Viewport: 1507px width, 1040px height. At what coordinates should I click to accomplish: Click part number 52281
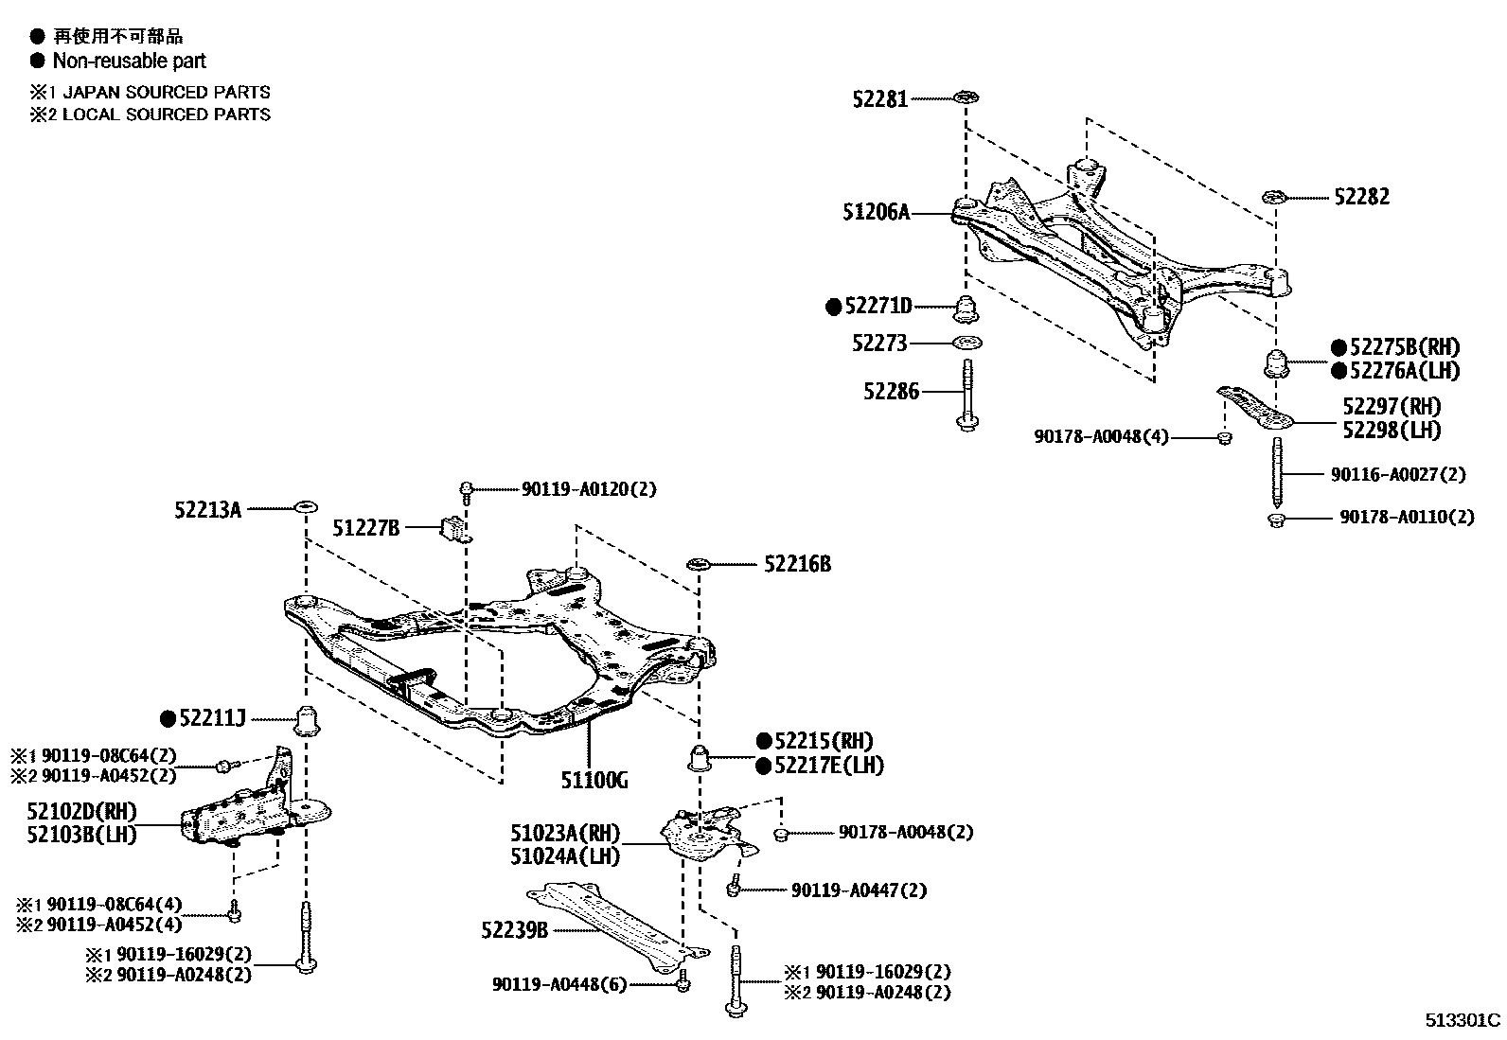(879, 98)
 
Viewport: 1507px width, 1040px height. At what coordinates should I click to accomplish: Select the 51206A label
(876, 213)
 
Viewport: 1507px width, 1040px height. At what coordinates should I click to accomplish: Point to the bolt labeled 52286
(966, 396)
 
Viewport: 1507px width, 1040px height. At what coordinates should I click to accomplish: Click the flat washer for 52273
(966, 343)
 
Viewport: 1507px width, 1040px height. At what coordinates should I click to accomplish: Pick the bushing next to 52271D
(966, 308)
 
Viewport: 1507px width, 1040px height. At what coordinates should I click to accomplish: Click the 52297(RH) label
(1391, 407)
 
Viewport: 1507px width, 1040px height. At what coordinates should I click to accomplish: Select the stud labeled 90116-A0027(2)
(1277, 472)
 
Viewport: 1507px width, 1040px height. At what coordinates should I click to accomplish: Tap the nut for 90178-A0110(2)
(1276, 519)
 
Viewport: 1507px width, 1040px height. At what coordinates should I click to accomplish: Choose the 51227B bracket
(452, 528)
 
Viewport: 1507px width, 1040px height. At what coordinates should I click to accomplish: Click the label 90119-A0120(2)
(588, 489)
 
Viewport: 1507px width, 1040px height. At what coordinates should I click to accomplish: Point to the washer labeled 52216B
(698, 565)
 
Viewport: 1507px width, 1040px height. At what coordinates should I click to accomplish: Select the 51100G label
(594, 780)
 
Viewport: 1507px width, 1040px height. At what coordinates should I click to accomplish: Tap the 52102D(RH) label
(81, 811)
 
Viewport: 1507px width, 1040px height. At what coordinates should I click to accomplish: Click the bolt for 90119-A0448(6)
(682, 984)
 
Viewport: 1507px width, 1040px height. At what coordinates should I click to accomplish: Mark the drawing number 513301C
(1463, 1021)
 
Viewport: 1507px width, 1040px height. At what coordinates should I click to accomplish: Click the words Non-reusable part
(129, 62)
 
